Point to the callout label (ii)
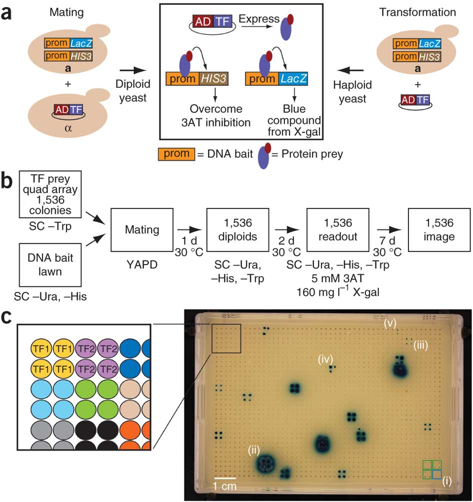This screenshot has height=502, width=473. tap(253, 450)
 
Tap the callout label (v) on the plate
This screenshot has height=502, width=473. tap(390, 323)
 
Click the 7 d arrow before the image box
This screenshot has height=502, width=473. tap(390, 231)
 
